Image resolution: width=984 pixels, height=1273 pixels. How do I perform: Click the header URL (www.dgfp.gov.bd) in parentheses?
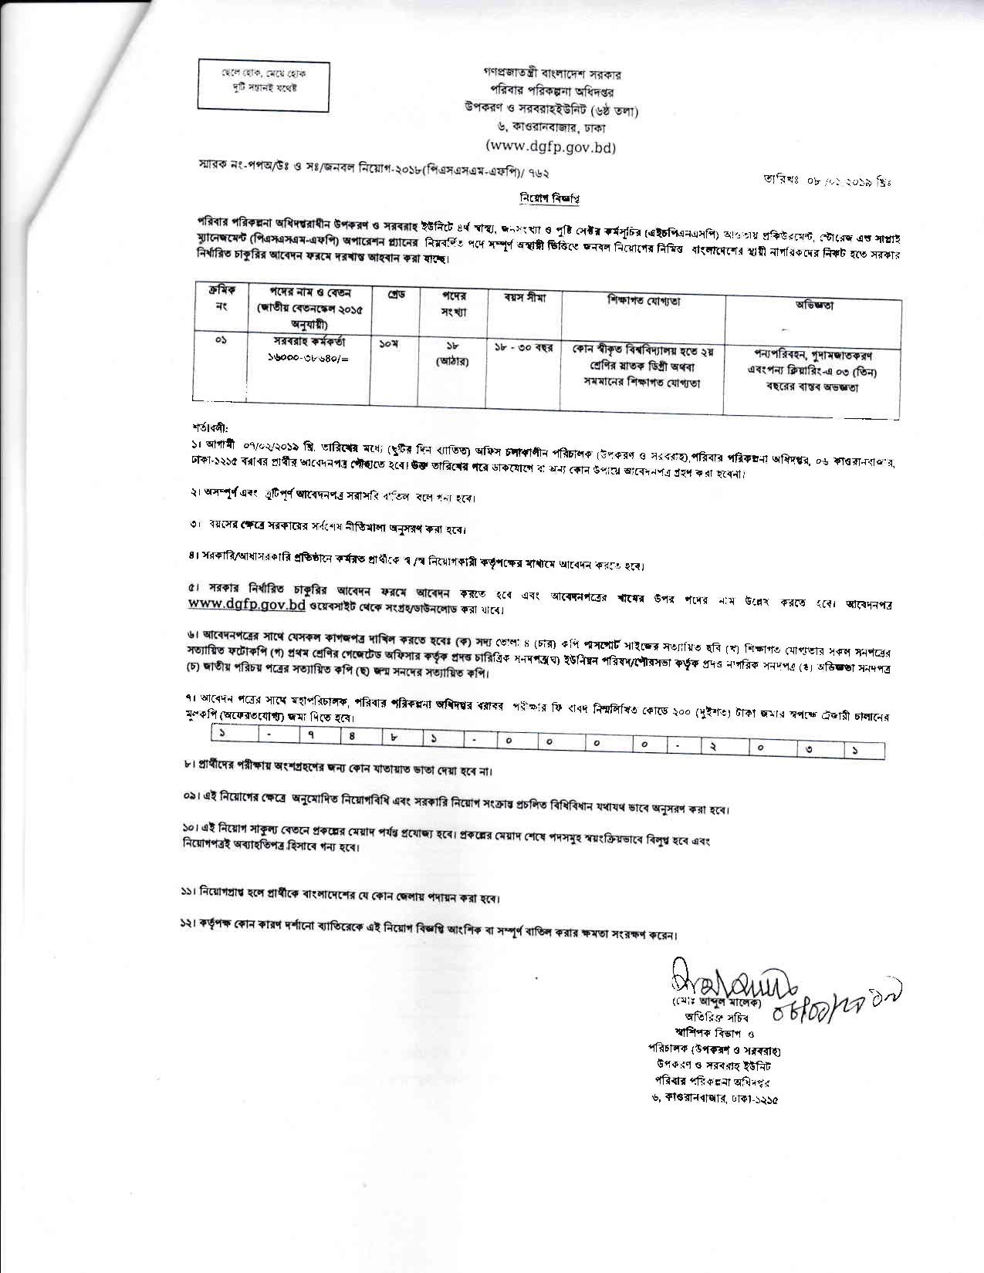point(550,147)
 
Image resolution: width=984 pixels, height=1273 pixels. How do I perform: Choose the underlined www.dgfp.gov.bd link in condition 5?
point(247,606)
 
